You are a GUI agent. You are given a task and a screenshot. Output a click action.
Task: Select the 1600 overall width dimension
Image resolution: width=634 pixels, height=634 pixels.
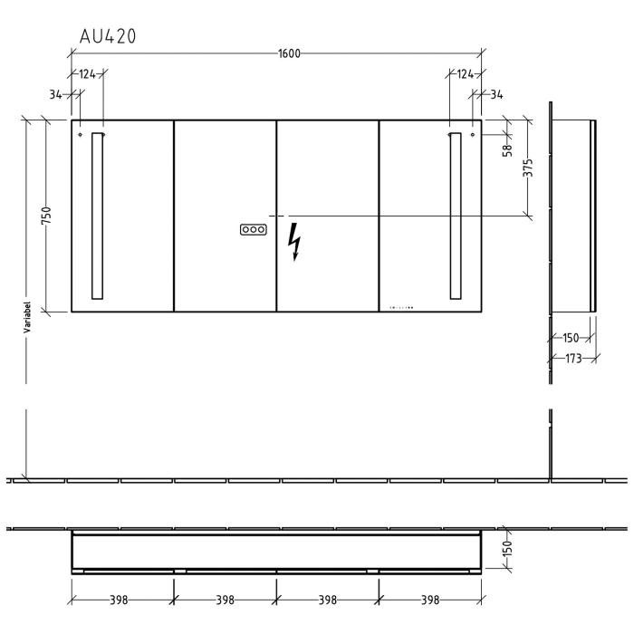[x=289, y=53]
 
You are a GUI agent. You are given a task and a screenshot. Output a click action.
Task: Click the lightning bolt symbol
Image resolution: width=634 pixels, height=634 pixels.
[x=293, y=242]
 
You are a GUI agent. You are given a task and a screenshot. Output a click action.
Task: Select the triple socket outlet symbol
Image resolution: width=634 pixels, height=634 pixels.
[x=255, y=230]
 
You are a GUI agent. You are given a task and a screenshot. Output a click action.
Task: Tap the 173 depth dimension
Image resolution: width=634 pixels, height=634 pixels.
[x=572, y=360]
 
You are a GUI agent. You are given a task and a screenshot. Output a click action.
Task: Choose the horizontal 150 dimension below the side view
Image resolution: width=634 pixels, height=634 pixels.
[x=571, y=338]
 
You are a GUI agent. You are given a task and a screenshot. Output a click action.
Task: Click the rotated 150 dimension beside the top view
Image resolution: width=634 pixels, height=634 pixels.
[x=508, y=549]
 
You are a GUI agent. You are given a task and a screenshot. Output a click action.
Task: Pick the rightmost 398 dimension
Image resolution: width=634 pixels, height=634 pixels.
[x=430, y=600]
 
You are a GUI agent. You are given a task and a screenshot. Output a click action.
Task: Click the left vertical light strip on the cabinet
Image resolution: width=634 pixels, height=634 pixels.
[x=98, y=216]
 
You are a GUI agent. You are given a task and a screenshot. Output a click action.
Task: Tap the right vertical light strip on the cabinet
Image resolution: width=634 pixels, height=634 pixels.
[x=455, y=216]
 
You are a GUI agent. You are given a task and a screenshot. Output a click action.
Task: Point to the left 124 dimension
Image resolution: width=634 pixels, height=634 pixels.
[x=87, y=73]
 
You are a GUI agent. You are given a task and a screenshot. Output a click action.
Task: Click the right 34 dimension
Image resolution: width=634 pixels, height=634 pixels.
[x=497, y=93]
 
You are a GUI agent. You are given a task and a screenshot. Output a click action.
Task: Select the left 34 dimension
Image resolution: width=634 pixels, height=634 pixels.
[x=56, y=93]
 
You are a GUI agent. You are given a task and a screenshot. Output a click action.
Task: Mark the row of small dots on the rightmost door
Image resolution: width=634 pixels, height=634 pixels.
[x=399, y=307]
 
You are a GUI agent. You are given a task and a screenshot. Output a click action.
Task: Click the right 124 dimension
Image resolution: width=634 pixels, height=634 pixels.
[x=465, y=73]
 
